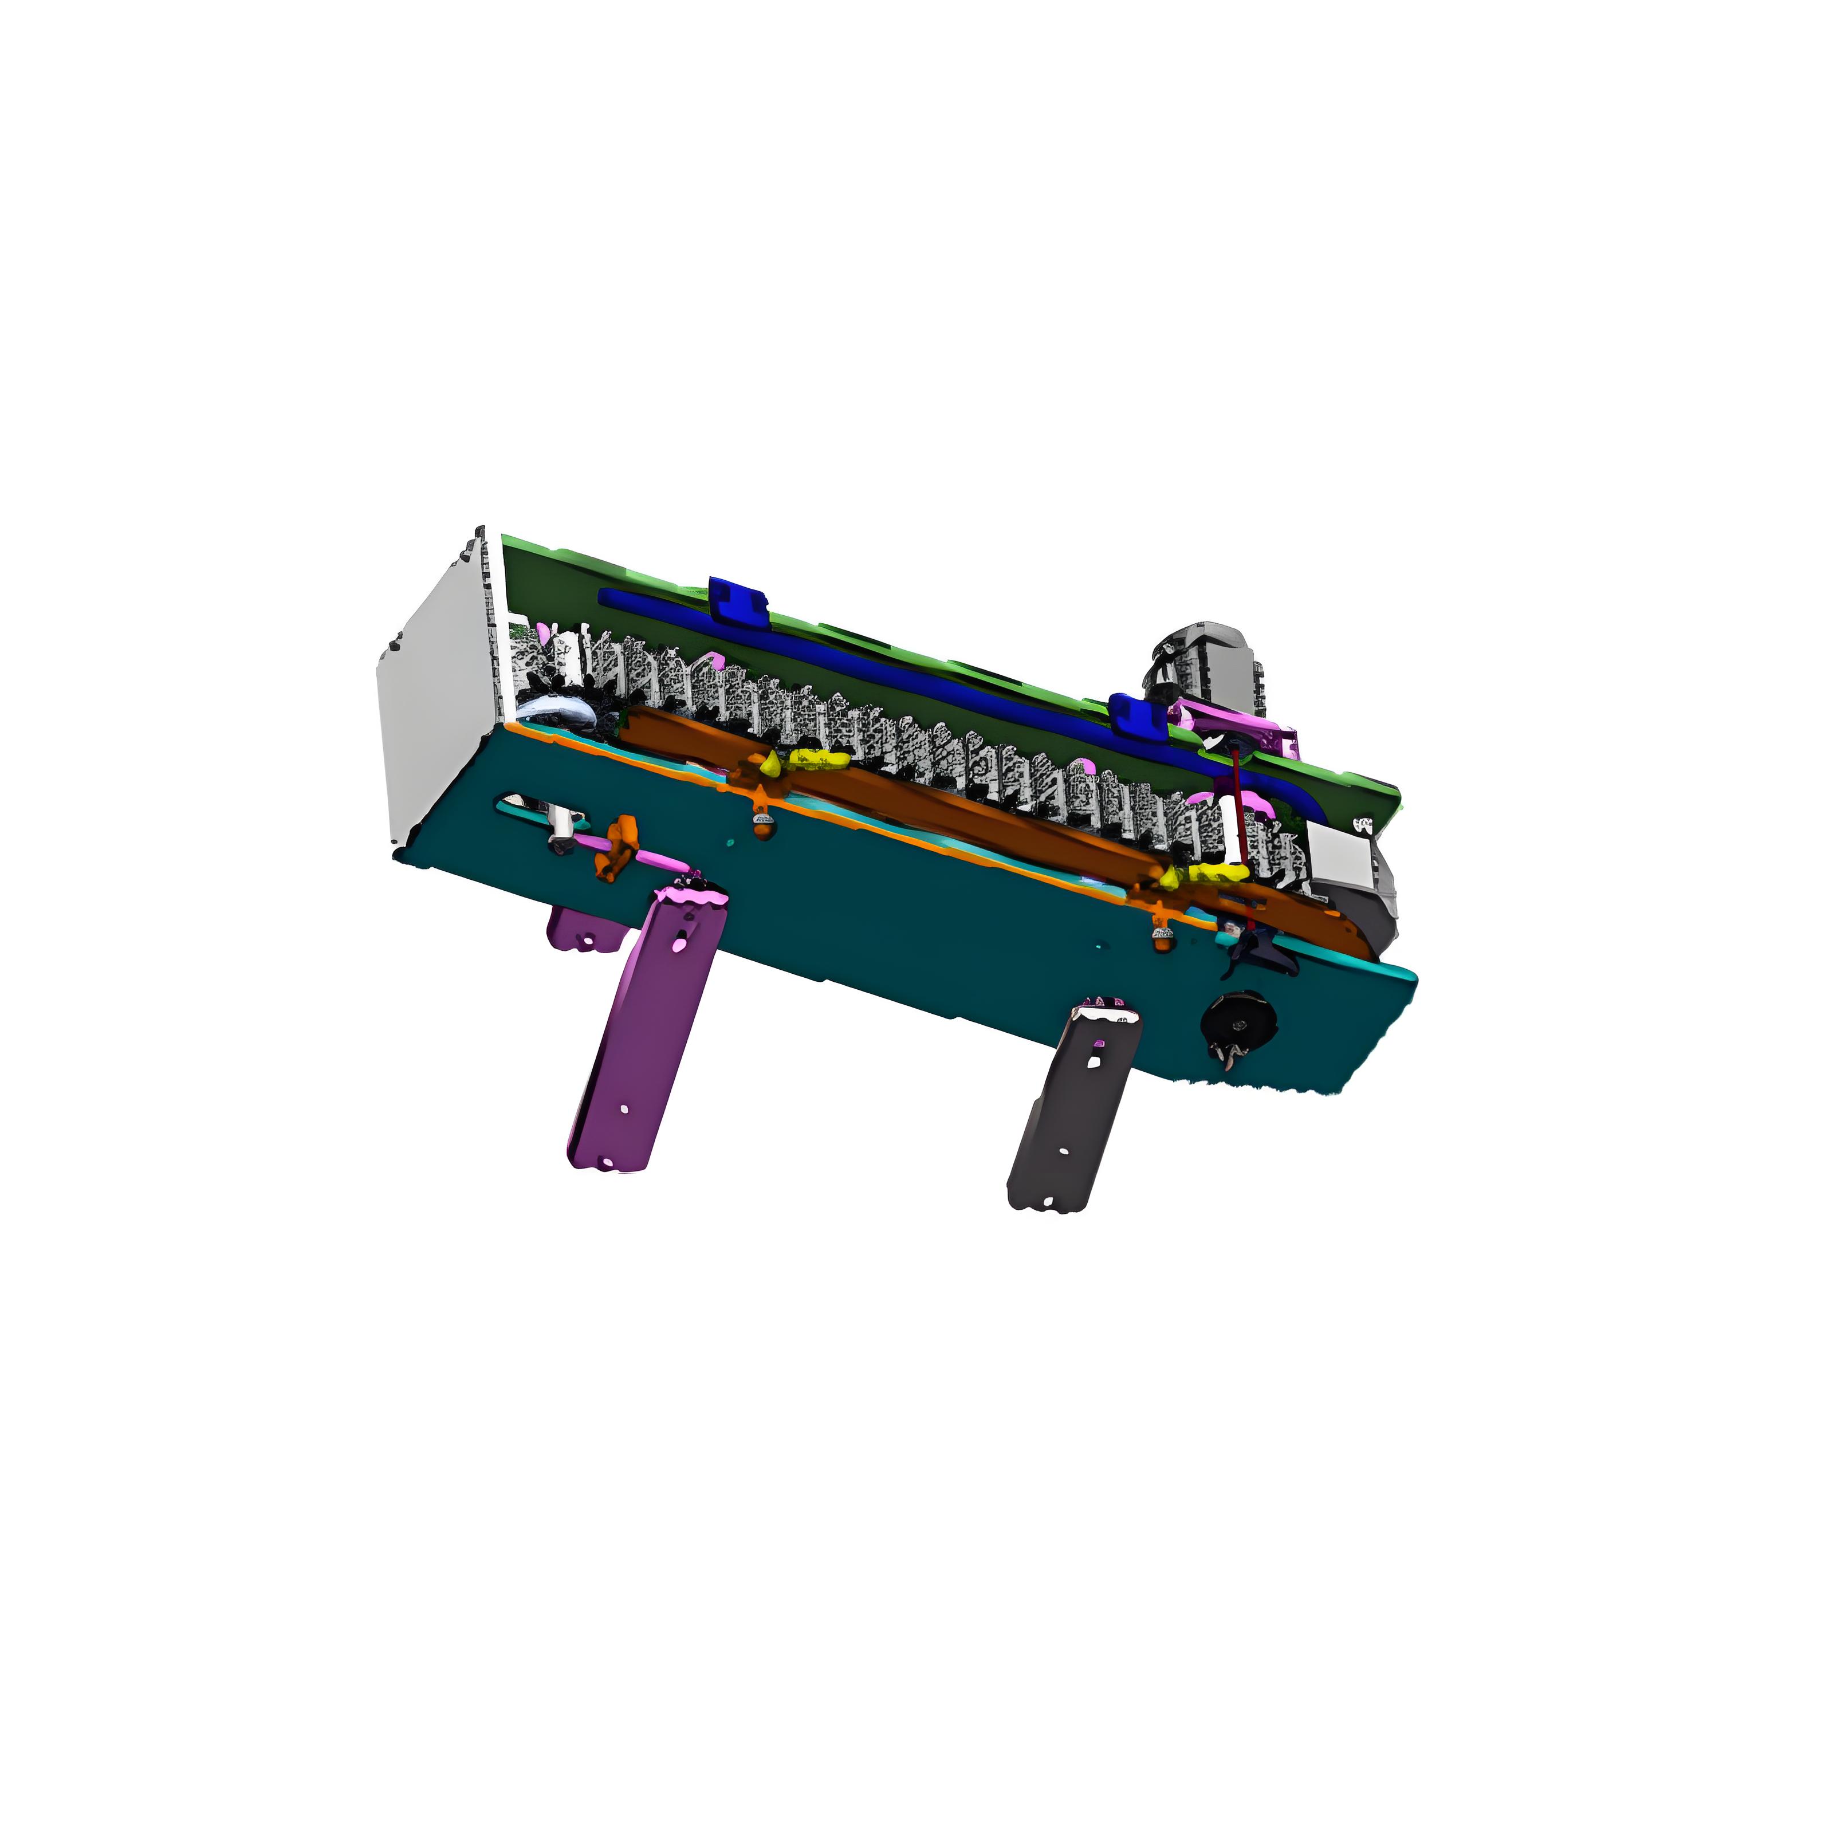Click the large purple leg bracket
pyautogui.click(x=645, y=1034)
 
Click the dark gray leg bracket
pyautogui.click(x=1072, y=1110)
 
